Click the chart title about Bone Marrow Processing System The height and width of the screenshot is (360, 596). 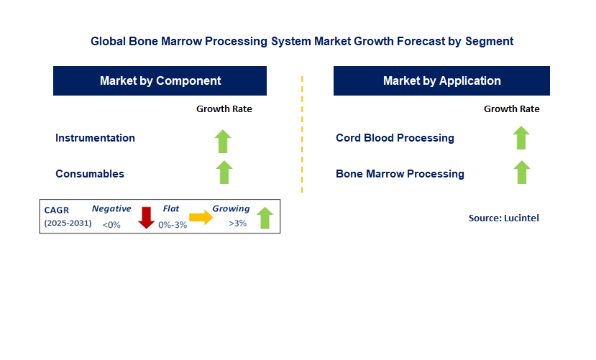pos(302,41)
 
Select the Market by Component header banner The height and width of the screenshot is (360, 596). pos(160,80)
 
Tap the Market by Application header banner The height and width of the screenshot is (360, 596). pos(441,80)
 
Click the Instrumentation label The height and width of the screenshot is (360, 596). pos(95,138)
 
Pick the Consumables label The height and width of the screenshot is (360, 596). pos(90,174)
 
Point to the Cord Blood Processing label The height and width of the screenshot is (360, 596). pos(395,138)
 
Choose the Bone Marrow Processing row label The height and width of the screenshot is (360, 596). pos(400,174)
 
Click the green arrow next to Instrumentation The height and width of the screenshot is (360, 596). pos(224,140)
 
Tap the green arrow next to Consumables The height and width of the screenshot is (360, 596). pos(224,172)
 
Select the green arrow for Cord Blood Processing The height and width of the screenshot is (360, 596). pos(521,137)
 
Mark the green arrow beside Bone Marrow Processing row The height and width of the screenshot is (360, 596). pos(521,172)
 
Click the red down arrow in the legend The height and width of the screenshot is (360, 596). pos(147,217)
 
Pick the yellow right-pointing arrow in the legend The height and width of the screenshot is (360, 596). pos(201,218)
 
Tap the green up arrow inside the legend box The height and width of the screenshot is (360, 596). pos(265,218)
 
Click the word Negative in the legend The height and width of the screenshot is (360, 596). pos(111,209)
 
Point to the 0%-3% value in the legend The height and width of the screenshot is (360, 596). pos(172,224)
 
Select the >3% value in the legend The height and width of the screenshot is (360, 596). pos(237,223)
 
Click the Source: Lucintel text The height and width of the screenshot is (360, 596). pos(503,218)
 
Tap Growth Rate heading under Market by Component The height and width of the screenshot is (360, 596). pos(224,109)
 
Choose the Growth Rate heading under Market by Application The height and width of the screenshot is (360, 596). pos(512,109)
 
